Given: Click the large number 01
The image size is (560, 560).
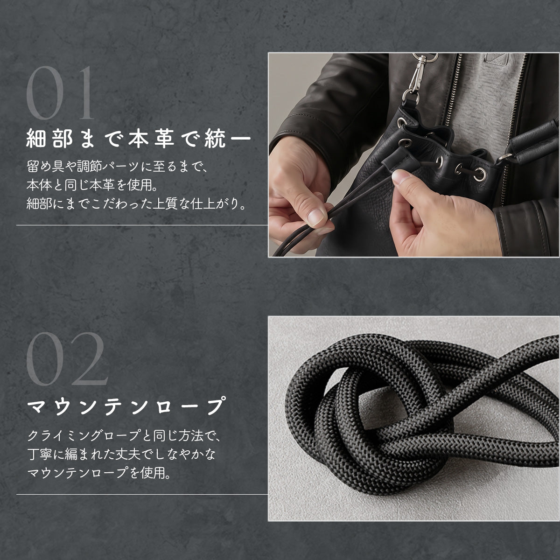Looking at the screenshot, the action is click(60, 93).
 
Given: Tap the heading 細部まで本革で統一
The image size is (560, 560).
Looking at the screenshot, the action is click(139, 139).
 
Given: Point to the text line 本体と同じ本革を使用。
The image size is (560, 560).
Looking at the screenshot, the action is click(92, 185).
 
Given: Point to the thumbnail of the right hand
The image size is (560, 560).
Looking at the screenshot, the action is click(401, 177).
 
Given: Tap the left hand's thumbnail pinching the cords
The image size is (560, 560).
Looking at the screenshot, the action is click(316, 217).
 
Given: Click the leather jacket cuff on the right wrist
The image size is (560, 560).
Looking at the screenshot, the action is click(526, 230).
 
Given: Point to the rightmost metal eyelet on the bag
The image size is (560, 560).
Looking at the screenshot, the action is click(480, 174).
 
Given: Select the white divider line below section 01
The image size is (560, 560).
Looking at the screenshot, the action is click(142, 225).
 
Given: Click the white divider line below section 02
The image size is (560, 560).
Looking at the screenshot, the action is click(142, 494).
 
